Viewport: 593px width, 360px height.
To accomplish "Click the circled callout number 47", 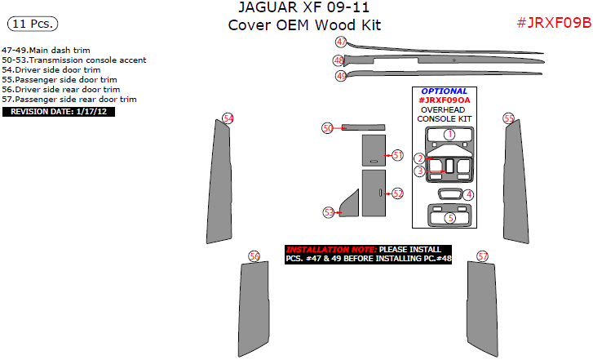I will pos(341,42).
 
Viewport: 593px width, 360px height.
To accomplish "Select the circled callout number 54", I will pos(228,118).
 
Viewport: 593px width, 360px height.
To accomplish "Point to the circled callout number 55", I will pos(509,118).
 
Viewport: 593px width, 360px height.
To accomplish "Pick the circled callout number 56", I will pos(254,256).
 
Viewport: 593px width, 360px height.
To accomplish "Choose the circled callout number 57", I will pos(483,256).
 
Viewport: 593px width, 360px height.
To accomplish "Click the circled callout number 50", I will pos(327,128).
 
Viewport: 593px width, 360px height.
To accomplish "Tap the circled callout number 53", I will pos(329,211).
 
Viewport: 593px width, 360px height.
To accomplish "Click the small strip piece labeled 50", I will pos(362,127).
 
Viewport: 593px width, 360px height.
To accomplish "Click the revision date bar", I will pos(59,111).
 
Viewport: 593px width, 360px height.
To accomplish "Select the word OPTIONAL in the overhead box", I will pos(445,91).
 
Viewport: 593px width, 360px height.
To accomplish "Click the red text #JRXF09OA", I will pos(445,100).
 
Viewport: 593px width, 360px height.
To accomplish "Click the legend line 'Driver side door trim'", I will pos(51,70).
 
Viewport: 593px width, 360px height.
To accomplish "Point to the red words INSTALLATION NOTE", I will pos(330,249).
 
